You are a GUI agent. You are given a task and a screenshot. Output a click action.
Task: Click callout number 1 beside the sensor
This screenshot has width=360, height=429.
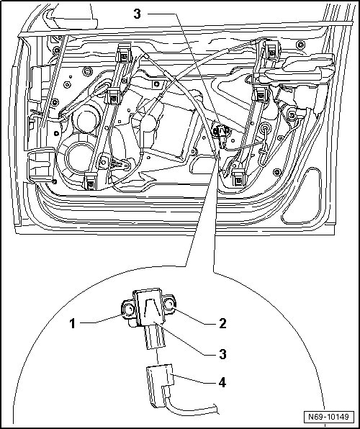click(x=72, y=324)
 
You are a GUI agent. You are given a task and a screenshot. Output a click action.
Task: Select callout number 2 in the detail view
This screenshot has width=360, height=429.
click(x=222, y=323)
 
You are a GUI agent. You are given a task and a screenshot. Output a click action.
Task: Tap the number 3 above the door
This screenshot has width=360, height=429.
click(x=137, y=14)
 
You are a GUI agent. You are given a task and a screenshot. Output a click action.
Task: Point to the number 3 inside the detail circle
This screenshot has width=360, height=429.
click(x=222, y=354)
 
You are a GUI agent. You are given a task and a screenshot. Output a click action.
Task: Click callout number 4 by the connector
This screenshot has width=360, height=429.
click(x=222, y=382)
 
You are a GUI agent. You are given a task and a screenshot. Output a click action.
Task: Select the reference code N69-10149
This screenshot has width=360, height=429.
click(x=328, y=417)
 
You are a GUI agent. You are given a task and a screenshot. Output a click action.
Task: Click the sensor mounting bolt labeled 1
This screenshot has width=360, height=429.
click(x=128, y=310)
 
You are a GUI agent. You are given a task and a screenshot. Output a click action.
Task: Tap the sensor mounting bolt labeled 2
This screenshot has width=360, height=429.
click(x=170, y=304)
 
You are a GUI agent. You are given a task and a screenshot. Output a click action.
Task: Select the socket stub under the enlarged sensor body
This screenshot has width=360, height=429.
click(x=156, y=337)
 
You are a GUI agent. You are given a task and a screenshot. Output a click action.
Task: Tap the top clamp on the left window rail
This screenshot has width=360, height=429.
click(x=124, y=53)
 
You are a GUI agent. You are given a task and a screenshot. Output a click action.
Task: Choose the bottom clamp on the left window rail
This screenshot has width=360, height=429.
click(x=91, y=181)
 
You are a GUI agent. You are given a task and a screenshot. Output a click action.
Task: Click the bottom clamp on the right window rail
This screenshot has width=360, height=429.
click(x=239, y=177)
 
